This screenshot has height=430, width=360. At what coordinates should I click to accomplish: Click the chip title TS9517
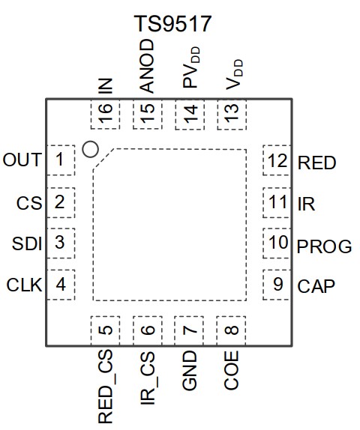tap(172, 24)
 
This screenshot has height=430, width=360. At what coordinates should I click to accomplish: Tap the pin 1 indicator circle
tap(90, 150)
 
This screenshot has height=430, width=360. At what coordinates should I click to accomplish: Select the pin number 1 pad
tap(61, 160)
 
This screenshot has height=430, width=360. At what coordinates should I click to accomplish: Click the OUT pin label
tap(22, 160)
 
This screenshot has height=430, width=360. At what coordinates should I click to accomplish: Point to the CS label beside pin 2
tap(29, 203)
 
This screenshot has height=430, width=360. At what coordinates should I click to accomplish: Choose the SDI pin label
tap(27, 243)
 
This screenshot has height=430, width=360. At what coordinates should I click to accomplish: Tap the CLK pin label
tap(24, 285)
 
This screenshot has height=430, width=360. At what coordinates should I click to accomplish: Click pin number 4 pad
tap(61, 285)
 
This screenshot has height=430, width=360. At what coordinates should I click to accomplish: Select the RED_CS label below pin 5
tap(106, 387)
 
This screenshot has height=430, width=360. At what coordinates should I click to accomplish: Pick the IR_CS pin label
tap(148, 378)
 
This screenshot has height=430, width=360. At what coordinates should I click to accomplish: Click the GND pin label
tap(190, 370)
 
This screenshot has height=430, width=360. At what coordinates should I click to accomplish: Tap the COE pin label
tap(231, 370)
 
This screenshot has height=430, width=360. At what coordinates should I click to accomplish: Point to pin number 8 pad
tap(231, 330)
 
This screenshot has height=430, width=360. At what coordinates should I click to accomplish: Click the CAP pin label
tap(316, 286)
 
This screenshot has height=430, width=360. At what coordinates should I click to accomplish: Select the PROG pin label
tap(324, 246)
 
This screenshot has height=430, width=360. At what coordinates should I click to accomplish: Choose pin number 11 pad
tap(277, 203)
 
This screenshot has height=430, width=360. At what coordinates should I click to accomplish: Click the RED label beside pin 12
tap(317, 163)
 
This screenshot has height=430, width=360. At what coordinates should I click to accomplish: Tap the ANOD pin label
tap(147, 66)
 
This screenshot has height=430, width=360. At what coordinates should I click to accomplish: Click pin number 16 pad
tap(105, 114)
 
